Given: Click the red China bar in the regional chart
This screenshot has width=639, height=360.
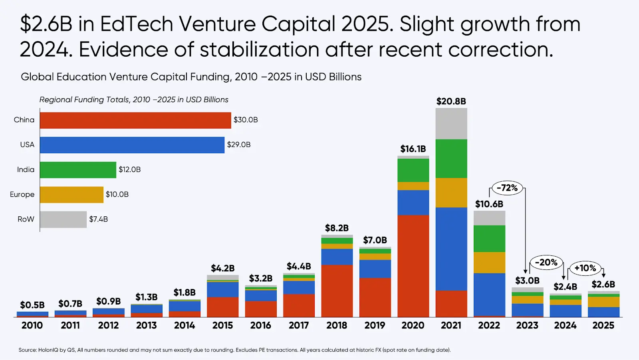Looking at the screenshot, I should point(135,120).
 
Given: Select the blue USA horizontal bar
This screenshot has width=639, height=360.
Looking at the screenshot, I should point(132,145).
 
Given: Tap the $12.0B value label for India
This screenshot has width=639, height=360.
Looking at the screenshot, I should point(130,170).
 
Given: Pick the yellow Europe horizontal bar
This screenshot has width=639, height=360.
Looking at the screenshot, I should point(71,195).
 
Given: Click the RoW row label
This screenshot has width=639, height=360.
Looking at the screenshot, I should point(26,219).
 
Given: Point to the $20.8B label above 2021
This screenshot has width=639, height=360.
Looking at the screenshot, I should point(451,101).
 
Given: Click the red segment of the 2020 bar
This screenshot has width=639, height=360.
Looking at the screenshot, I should point(413,266).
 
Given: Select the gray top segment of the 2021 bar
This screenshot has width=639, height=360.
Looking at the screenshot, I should point(451,123).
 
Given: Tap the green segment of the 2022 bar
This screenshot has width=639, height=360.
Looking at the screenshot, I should point(489,238).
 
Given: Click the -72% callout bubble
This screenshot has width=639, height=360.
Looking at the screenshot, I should point(507,188).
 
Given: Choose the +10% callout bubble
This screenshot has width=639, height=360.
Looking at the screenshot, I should point(585,268).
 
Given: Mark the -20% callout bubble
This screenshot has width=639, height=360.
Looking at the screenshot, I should point(546,263).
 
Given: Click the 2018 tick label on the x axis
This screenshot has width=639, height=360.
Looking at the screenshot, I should point(337,325).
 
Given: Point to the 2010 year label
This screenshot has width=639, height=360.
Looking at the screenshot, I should point(32,325).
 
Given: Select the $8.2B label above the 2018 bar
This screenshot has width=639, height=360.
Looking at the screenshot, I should point(337,228).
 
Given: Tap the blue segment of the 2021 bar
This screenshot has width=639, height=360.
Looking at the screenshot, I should point(451,249).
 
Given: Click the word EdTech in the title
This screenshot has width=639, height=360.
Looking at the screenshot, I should point(137,24).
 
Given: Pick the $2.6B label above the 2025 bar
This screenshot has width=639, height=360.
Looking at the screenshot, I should point(603,284).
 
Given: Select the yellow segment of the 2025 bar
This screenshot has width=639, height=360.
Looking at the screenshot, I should point(603,302).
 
